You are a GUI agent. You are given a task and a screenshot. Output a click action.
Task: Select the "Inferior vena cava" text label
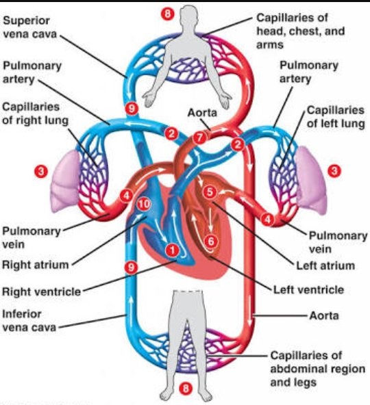click(x=28, y=321)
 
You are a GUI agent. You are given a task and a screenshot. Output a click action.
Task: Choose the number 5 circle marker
click(x=210, y=193)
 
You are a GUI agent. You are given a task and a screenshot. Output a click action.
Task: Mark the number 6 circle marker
click(x=210, y=240)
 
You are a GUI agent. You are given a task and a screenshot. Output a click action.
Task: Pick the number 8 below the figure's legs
click(x=184, y=389)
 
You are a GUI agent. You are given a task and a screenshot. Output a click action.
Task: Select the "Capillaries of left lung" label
click(x=334, y=116)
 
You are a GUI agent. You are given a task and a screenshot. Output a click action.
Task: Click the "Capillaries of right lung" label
click(x=30, y=114)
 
